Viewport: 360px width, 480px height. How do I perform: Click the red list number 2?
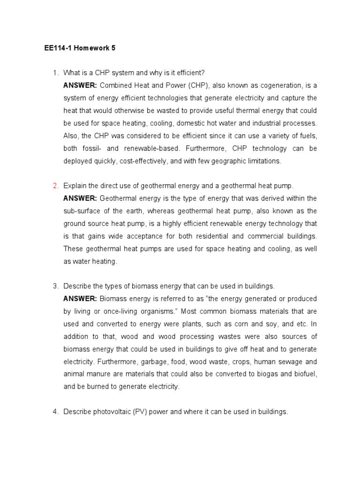(x=55, y=186)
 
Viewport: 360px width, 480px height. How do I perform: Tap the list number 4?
(x=55, y=412)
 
